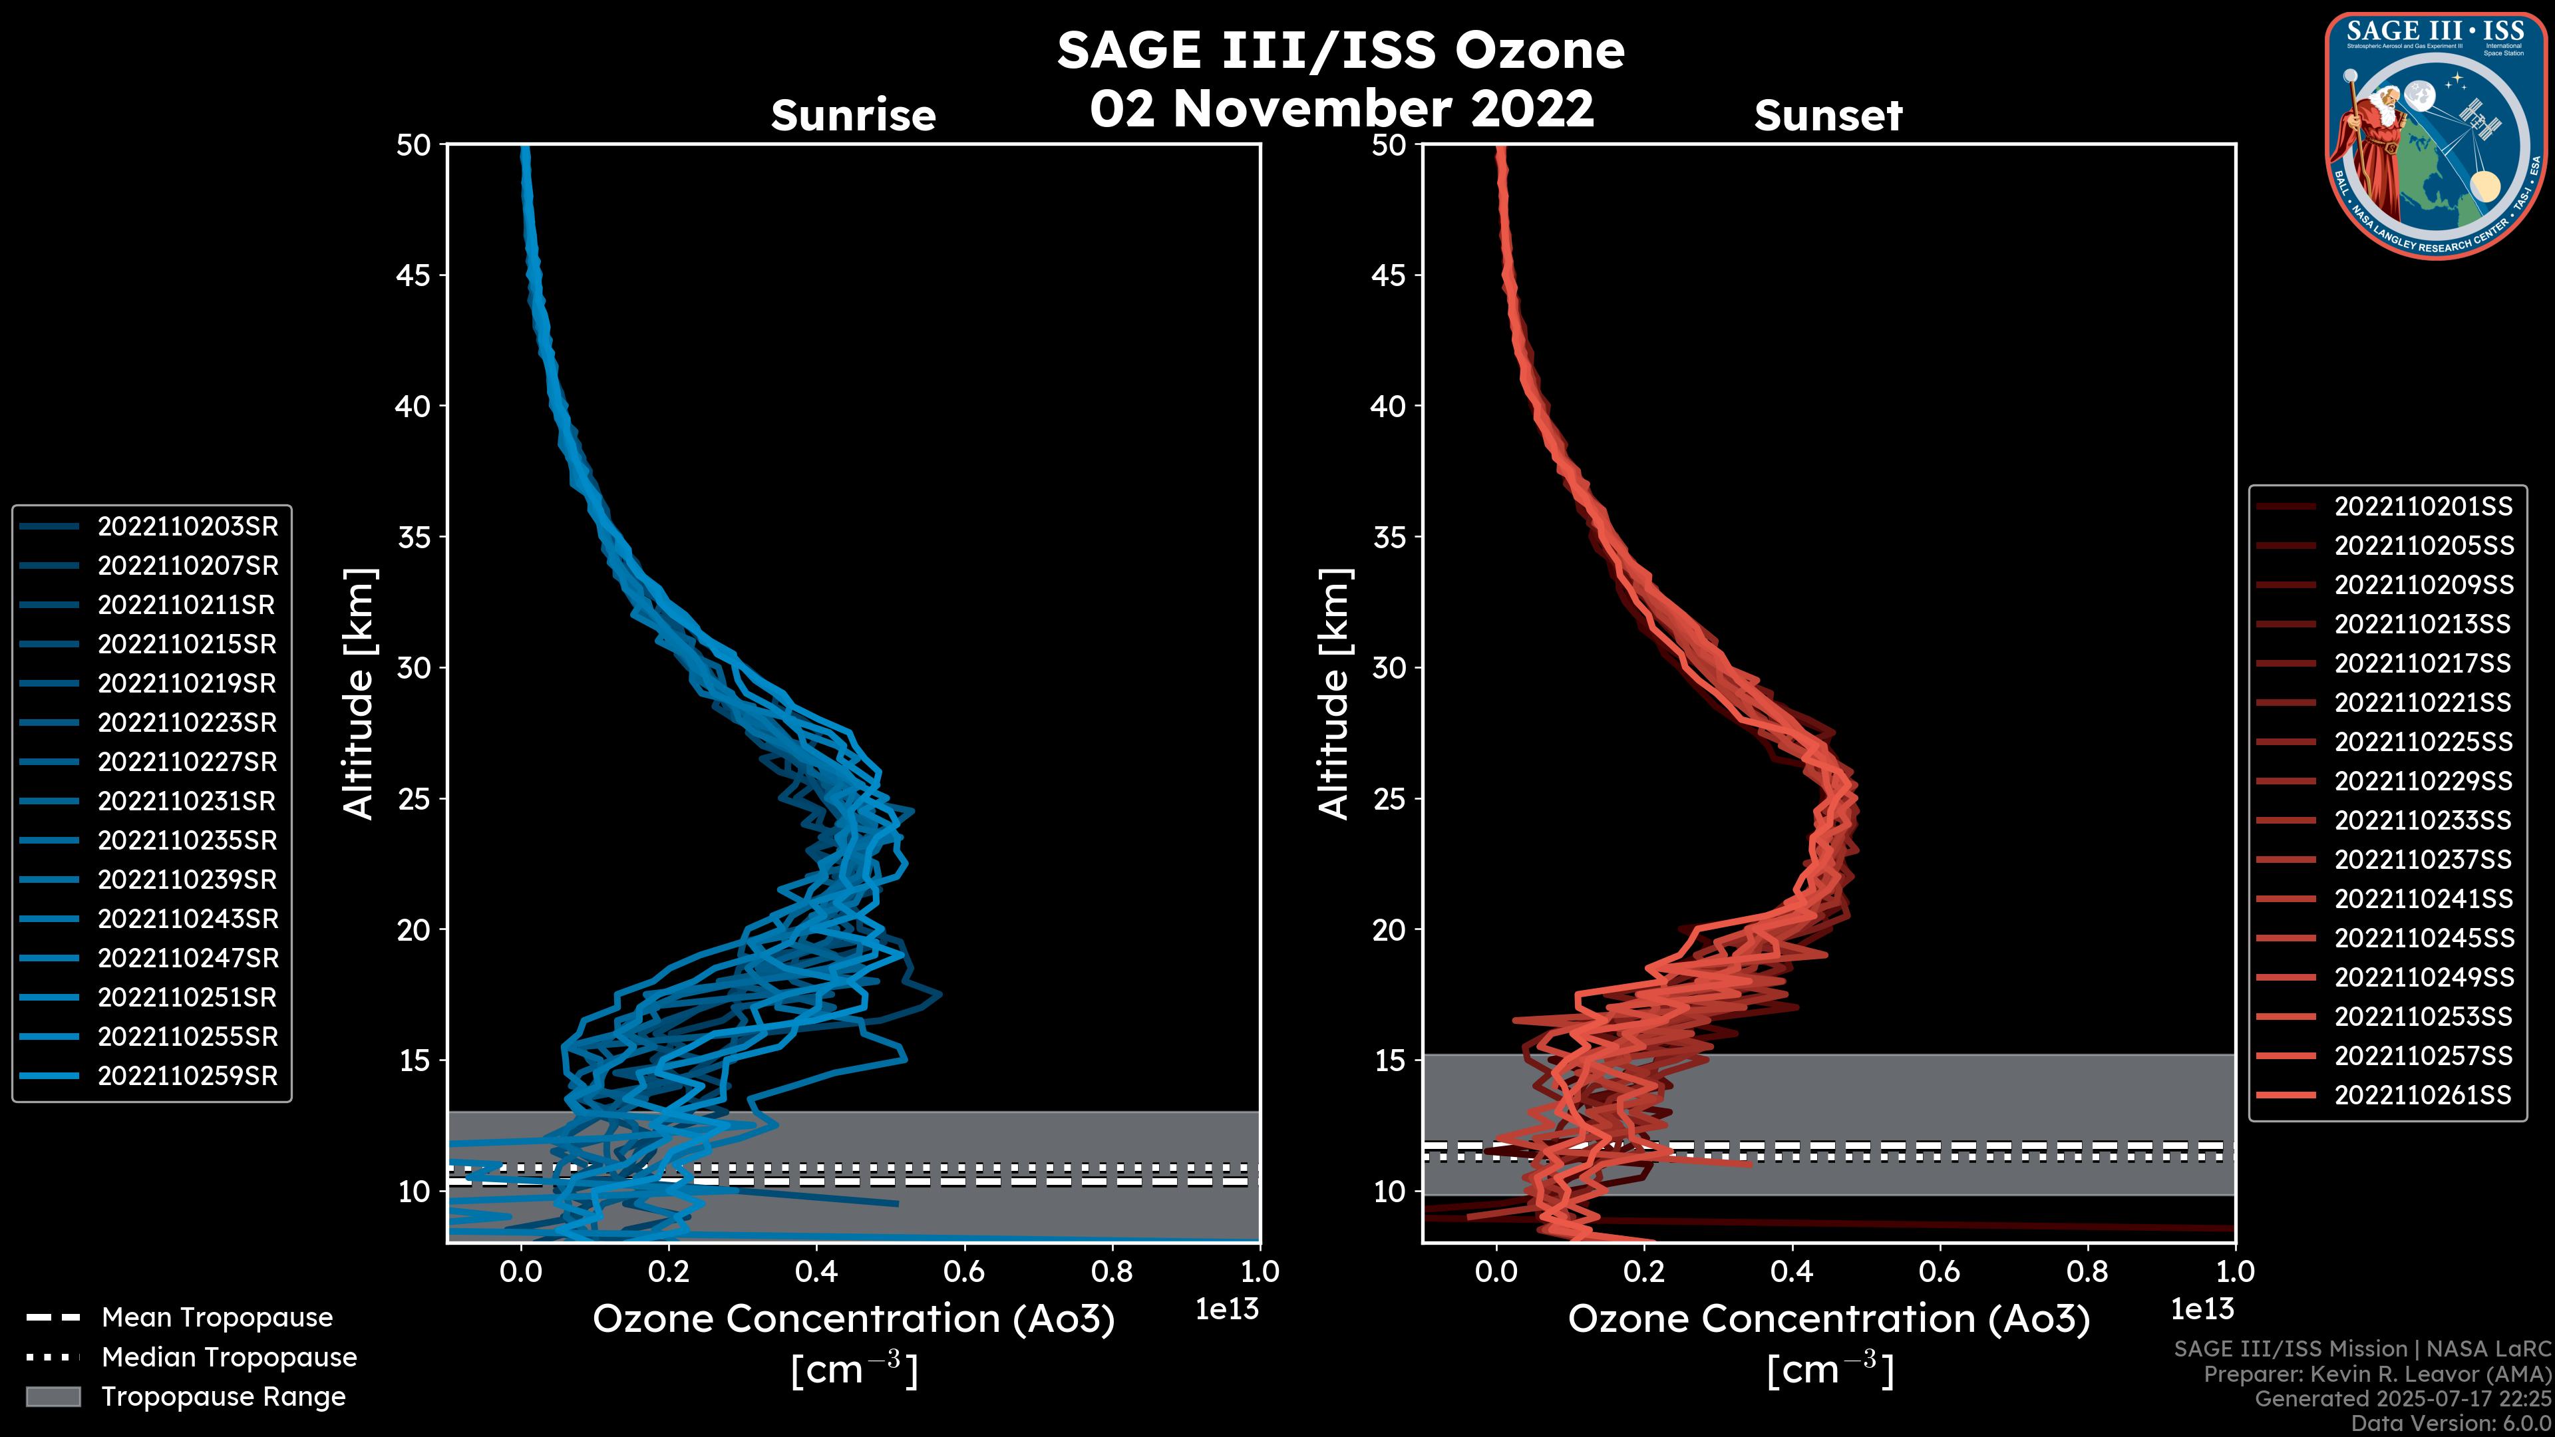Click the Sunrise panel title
click(x=853, y=116)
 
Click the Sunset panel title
click(x=1828, y=116)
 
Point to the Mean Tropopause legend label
click(x=217, y=1318)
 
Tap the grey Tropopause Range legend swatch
click(x=53, y=1396)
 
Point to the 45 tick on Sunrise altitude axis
click(x=414, y=275)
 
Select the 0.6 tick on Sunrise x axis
click(x=964, y=1271)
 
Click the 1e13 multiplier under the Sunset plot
click(x=2202, y=1309)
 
